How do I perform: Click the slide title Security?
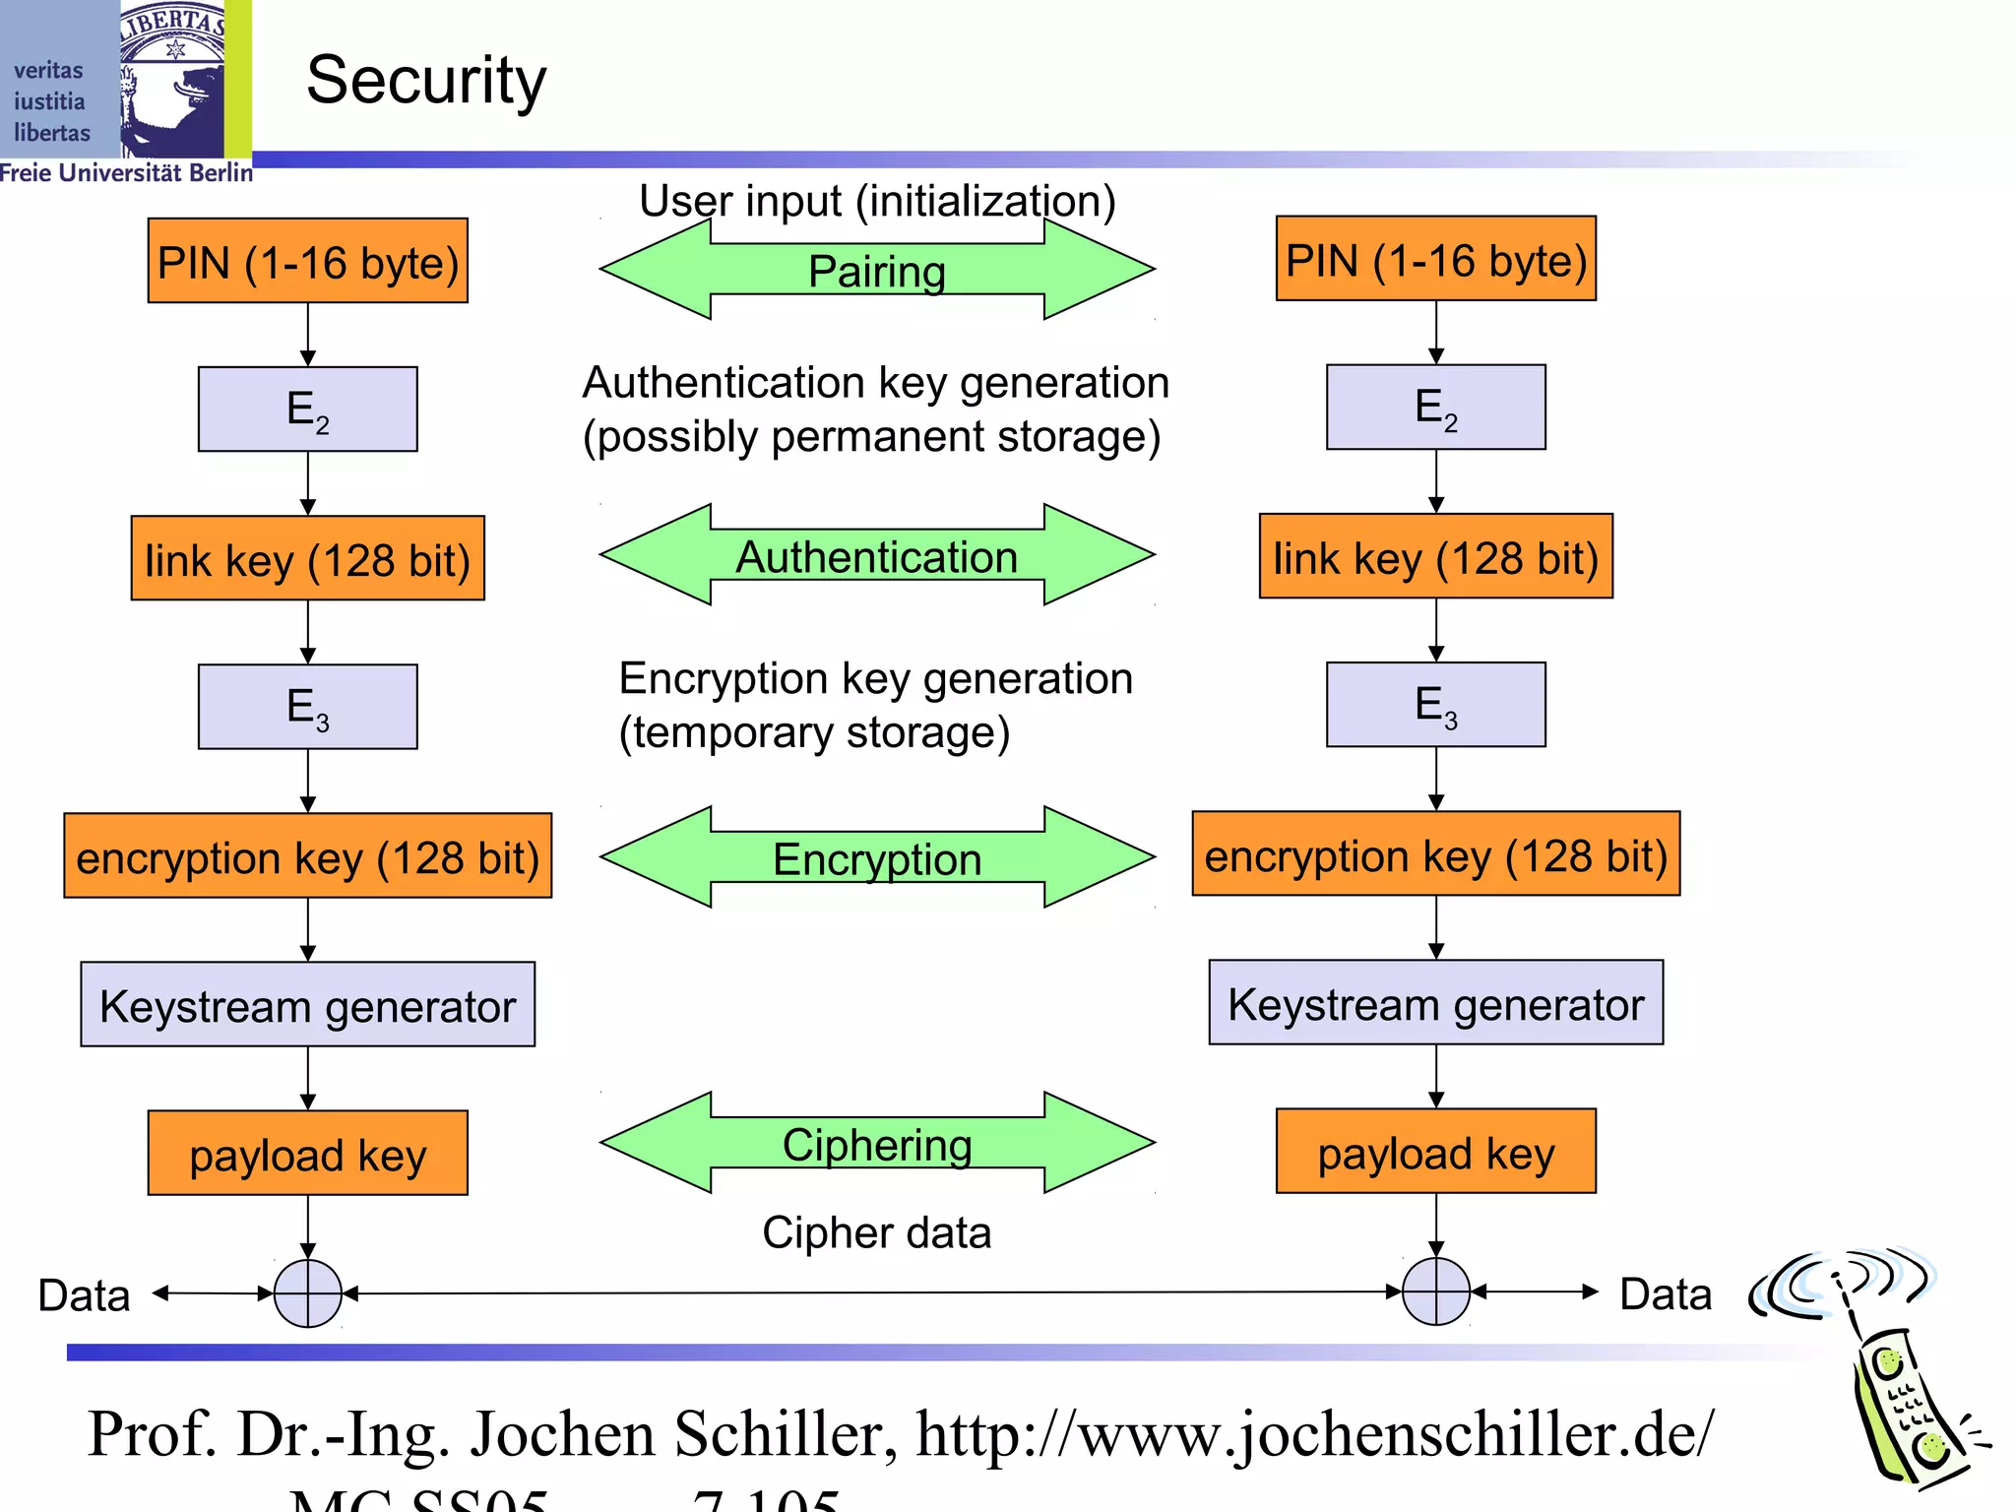click(x=426, y=81)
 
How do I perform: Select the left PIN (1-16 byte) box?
click(x=308, y=262)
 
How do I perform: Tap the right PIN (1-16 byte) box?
click(x=1435, y=260)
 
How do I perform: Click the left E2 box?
click(x=308, y=409)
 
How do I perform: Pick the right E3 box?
click(x=1435, y=705)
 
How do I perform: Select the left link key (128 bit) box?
click(x=308, y=559)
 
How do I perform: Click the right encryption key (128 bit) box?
click(x=1435, y=854)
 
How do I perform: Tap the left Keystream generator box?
click(x=308, y=1005)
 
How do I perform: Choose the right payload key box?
click(x=1435, y=1152)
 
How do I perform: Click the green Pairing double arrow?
click(x=876, y=270)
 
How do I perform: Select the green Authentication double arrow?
click(x=876, y=556)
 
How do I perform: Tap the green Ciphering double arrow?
click(x=876, y=1144)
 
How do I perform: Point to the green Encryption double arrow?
click(x=876, y=858)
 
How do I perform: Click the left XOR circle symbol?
click(x=308, y=1293)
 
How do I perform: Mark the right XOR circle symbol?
click(x=1435, y=1291)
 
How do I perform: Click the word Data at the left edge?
click(x=84, y=1295)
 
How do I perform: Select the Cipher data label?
click(x=876, y=1232)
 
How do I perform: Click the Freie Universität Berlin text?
click(x=126, y=173)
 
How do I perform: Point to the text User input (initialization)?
click(x=876, y=201)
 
